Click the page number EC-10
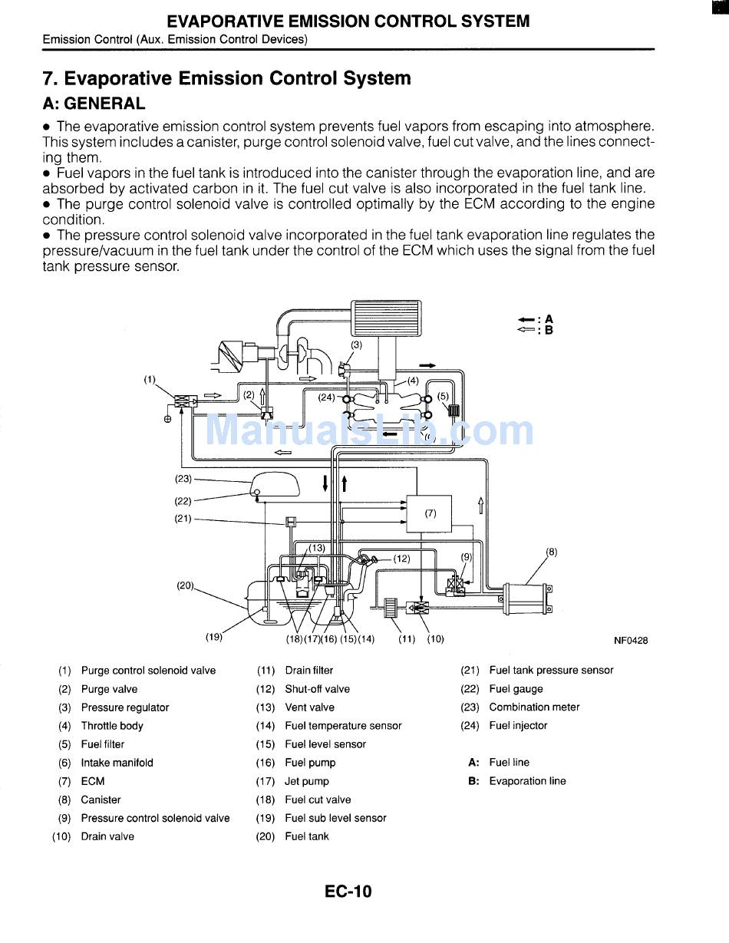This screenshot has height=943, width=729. pos(348,891)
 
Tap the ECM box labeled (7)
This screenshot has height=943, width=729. pos(429,513)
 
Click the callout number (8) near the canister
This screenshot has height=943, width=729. pos(551,551)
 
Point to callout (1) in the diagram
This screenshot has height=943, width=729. pos(150,378)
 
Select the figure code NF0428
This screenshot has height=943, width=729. pos(630,641)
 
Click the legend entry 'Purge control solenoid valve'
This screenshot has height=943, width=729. pos(148,671)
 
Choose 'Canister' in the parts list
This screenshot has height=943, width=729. pos(101,800)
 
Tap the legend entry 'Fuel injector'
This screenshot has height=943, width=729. pos(518,726)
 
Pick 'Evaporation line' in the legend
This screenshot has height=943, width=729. pos(527,781)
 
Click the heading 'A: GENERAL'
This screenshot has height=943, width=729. pos(94,104)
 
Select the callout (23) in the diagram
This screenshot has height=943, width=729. pos(183,479)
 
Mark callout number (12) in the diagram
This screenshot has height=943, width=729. pos(401,559)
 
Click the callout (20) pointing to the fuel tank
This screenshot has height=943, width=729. pos(185,585)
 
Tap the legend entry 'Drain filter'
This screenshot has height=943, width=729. pos(308,671)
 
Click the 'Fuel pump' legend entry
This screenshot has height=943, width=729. pos(310,763)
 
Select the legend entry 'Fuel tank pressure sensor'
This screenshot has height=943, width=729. pos(551,671)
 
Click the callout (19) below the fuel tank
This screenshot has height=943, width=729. pos(213,636)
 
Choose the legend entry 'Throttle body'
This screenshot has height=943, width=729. pos(112,726)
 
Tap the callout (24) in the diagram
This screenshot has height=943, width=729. pos(327,397)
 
